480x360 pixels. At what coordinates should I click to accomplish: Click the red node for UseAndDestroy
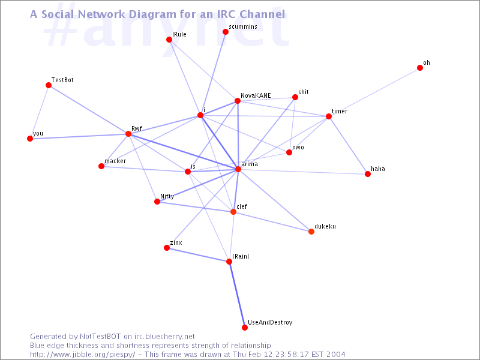coord(245,328)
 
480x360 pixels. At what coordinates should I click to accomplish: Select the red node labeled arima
coord(238,170)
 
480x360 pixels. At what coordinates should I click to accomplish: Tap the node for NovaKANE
coord(238,101)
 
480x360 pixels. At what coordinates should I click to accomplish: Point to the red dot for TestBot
coord(49,85)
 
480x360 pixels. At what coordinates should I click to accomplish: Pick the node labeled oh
coord(420,68)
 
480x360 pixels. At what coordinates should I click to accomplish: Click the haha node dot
coord(368,174)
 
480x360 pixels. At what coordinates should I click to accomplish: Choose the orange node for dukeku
coord(311,232)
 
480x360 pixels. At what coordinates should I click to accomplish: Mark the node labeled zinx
coord(167,248)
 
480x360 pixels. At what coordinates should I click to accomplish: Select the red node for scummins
coord(226,32)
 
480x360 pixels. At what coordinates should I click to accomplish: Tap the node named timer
coord(329,116)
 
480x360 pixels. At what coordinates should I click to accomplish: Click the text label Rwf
coord(136,128)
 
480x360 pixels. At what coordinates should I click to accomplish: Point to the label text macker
coord(115,161)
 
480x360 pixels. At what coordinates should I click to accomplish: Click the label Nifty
coord(167,196)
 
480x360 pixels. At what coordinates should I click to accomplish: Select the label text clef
coord(242,206)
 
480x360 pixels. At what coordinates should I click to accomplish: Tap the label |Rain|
coord(241,256)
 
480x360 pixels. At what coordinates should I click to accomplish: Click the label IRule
coord(179,34)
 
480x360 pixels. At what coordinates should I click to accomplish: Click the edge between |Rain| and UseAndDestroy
coord(237,295)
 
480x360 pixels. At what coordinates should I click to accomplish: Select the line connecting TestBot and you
coord(39,112)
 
